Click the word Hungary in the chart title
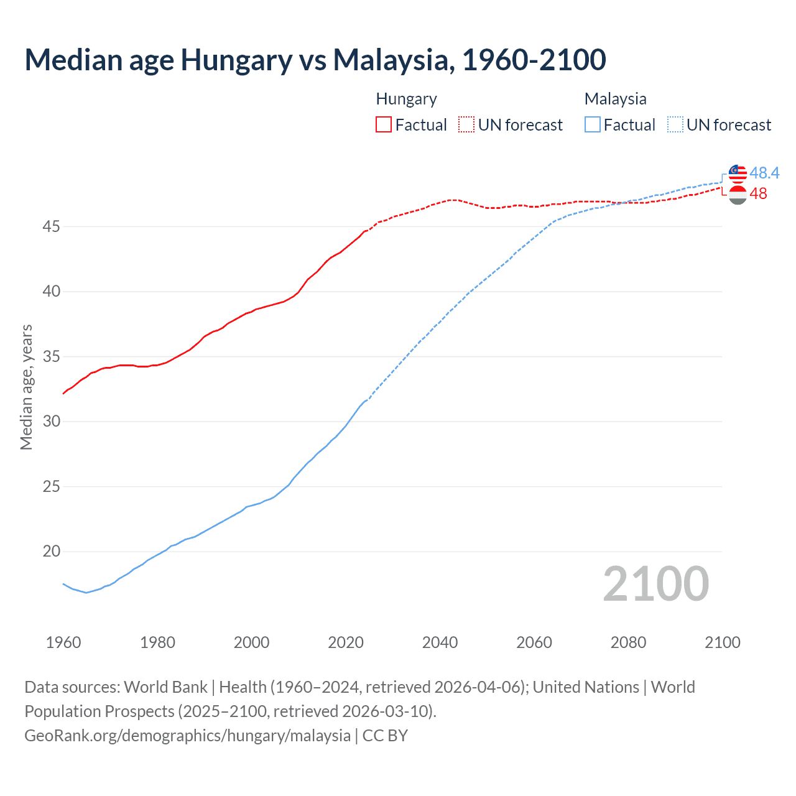coord(236,60)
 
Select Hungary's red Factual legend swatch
coord(384,124)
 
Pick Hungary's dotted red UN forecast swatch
coord(466,124)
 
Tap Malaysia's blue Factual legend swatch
coord(593,124)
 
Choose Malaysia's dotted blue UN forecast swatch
coord(675,124)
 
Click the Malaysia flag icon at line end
coord(738,174)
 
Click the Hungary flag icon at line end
coord(738,195)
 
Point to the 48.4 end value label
coord(764,173)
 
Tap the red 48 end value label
coord(759,194)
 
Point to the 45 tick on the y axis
coord(51,226)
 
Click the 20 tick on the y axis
coord(51,552)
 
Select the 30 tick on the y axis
coord(51,422)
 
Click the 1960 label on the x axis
coord(63,642)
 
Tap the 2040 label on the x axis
coord(440,642)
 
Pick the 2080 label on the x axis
coord(628,642)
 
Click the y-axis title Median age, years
coord(26,387)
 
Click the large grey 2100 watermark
coord(655,584)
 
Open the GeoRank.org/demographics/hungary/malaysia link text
coord(187,736)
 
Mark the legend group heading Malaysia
coord(615,99)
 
